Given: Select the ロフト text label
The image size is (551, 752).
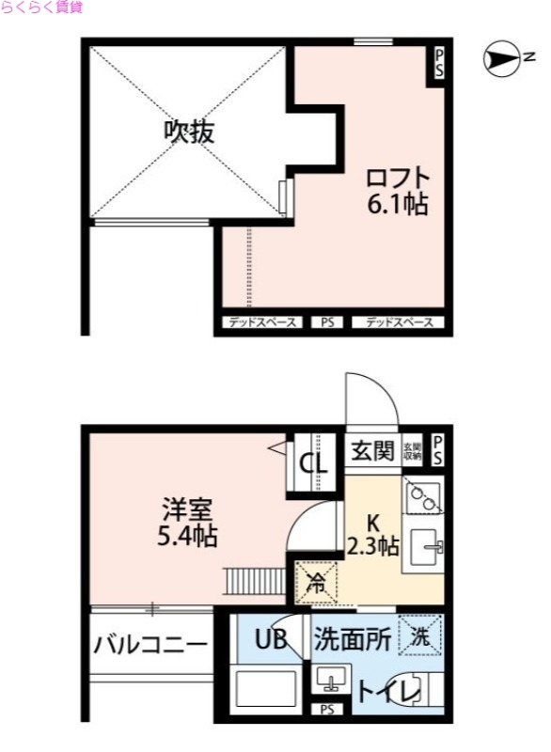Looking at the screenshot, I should pyautogui.click(x=397, y=178).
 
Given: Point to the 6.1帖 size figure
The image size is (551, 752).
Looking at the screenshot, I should pyautogui.click(x=397, y=204).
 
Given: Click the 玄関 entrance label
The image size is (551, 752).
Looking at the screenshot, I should pyautogui.click(x=372, y=452).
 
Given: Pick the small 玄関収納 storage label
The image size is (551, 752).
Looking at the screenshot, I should pyautogui.click(x=412, y=451).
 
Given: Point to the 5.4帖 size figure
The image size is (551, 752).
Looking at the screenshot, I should pyautogui.click(x=187, y=538).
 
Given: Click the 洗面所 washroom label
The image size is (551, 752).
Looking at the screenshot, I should pyautogui.click(x=352, y=641).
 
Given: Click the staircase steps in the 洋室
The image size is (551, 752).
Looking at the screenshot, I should pyautogui.click(x=253, y=580).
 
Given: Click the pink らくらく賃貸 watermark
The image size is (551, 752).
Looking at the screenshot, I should pyautogui.click(x=42, y=8).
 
